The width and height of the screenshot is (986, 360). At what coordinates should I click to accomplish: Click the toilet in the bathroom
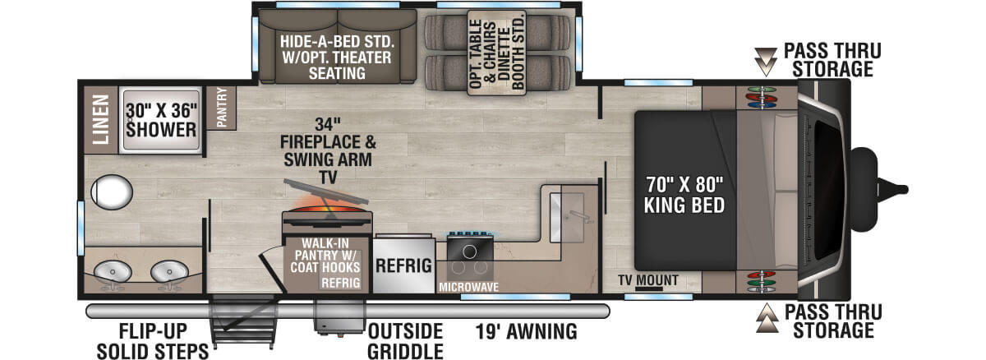click(112, 192)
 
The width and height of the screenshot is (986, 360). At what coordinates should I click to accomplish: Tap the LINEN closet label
click(101, 119)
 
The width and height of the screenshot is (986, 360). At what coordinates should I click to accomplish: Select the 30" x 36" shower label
click(162, 120)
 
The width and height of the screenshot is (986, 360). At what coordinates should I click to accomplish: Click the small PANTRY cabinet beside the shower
click(221, 108)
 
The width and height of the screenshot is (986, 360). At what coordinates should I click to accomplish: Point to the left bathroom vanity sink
click(113, 271)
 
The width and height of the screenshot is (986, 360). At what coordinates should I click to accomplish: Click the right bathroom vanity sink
click(170, 271)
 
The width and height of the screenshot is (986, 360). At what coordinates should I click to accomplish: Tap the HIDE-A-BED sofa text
click(337, 58)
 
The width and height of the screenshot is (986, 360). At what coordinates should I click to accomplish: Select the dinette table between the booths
click(497, 53)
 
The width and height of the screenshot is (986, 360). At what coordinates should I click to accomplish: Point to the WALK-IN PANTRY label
click(325, 256)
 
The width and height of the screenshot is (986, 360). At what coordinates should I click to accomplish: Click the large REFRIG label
click(403, 265)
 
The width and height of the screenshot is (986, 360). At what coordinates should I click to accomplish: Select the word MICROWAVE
click(469, 287)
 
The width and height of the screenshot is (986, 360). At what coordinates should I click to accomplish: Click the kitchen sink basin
click(567, 218)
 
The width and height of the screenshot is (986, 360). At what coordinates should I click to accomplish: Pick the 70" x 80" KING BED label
click(684, 195)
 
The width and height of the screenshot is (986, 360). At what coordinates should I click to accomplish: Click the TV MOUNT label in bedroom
click(648, 280)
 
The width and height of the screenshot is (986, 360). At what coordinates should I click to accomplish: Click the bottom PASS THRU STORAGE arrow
click(767, 318)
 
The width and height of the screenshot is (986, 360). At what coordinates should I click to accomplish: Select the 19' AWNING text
click(526, 331)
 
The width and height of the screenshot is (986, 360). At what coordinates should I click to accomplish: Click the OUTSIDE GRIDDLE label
click(405, 342)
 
